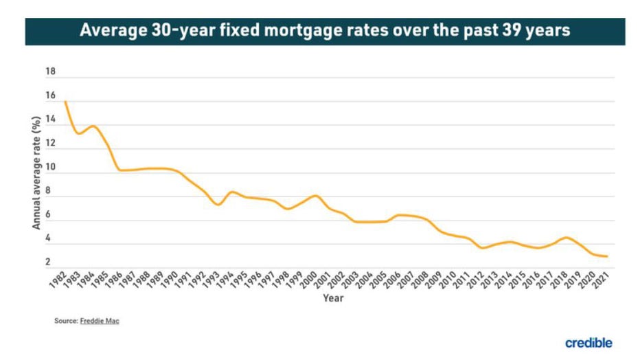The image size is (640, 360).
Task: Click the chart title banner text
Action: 325,31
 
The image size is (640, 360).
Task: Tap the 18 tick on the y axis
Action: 50,72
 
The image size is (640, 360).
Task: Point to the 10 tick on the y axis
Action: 50,167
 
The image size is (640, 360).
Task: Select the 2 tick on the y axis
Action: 48,262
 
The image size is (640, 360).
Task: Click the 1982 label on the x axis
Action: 58,281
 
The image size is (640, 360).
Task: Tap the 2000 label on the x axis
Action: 309,281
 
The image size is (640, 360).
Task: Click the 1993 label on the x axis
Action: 212,281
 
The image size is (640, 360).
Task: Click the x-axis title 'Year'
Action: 332,298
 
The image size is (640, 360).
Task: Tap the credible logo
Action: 588,342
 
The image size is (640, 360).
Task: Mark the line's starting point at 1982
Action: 65,102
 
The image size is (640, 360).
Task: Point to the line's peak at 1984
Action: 93,126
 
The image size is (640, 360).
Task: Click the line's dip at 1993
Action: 218,205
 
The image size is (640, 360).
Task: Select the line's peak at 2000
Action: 315,196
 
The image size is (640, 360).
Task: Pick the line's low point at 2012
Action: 483,248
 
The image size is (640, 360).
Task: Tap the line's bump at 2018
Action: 565,238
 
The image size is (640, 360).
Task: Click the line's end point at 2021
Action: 608,256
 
